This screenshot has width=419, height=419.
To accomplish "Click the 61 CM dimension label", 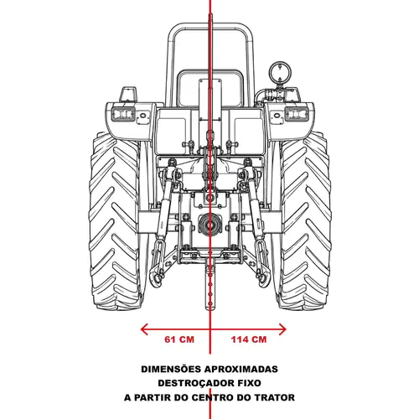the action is click(x=179, y=339).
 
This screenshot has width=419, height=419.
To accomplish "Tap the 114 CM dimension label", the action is click(x=249, y=339).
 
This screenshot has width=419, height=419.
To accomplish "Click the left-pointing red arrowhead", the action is click(x=144, y=329).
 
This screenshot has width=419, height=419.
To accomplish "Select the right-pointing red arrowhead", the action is click(x=282, y=329).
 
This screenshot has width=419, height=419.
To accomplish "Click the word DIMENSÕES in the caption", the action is click(x=171, y=369).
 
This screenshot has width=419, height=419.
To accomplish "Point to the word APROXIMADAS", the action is click(x=241, y=369).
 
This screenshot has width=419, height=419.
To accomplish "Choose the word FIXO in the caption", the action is click(x=250, y=383).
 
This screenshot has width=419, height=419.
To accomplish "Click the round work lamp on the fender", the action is click(x=280, y=71).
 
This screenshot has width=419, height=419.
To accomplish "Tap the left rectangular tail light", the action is click(x=123, y=114).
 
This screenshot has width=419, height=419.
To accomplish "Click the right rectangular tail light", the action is click(x=297, y=114).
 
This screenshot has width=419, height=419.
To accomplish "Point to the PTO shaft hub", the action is click(x=209, y=224).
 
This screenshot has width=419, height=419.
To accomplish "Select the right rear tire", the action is click(x=304, y=220).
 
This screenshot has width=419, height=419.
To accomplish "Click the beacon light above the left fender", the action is click(x=128, y=95).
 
